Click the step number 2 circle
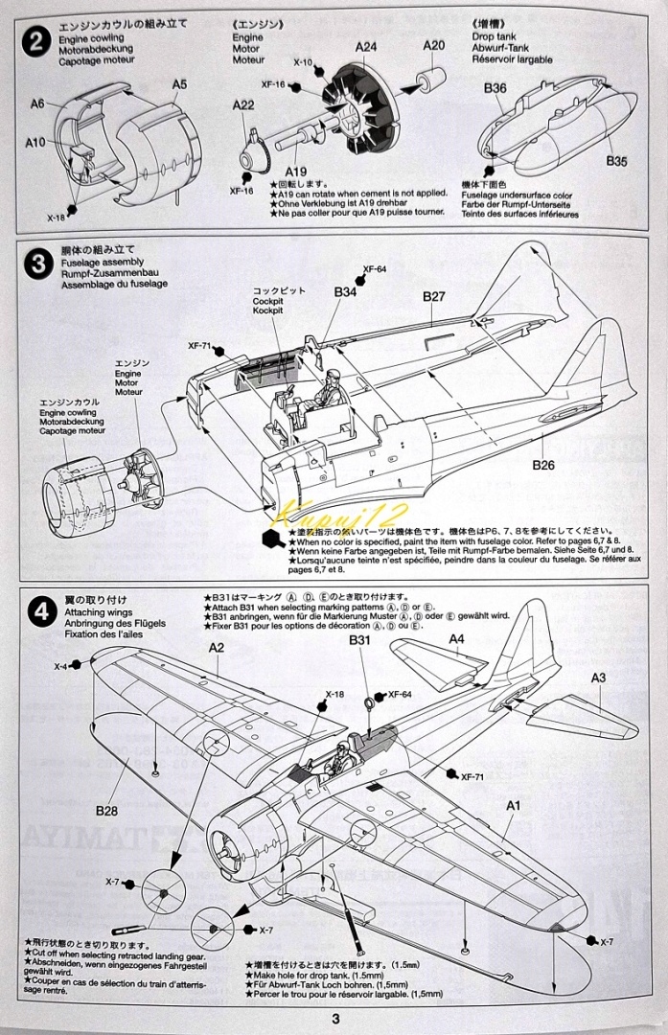pyautogui.click(x=37, y=43)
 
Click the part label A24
pyautogui.click(x=366, y=46)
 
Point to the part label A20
pyautogui.click(x=434, y=45)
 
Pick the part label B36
pyautogui.click(x=495, y=88)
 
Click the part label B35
pyautogui.click(x=616, y=162)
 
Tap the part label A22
pyautogui.click(x=243, y=105)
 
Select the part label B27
pyautogui.click(x=434, y=297)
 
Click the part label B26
pyautogui.click(x=543, y=466)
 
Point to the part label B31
pyautogui.click(x=359, y=640)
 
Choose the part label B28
pyautogui.click(x=106, y=811)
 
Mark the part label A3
pyautogui.click(x=598, y=678)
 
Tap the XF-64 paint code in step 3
pyautogui.click(x=375, y=270)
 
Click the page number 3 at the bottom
pyautogui.click(x=334, y=1019)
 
